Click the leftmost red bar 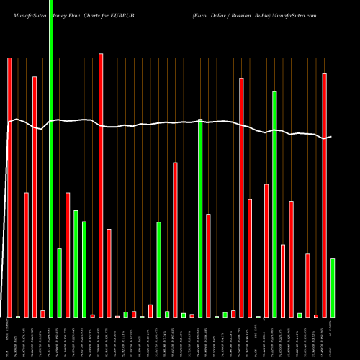coord(9,187)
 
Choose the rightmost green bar coord(333,288)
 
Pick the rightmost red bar coord(324,194)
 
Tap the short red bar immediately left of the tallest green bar coord(42,313)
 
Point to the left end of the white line coord(9,123)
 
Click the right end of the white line coord(331,136)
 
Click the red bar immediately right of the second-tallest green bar coord(283,281)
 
